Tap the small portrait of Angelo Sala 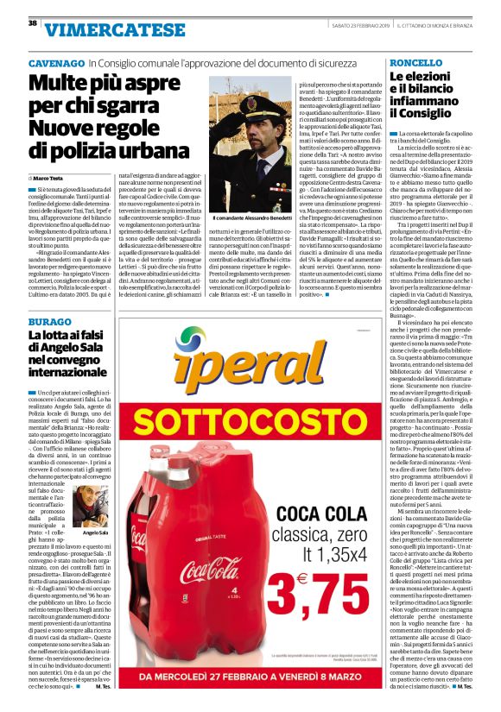(x=88, y=507)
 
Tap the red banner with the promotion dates (x=250, y=677)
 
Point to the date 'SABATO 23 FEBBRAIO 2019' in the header (x=367, y=22)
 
